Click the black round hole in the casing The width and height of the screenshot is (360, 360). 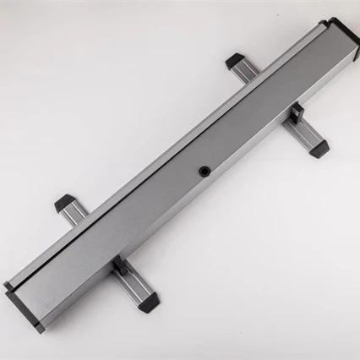click(x=204, y=172)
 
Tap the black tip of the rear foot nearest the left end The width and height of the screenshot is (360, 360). click(x=64, y=203)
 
